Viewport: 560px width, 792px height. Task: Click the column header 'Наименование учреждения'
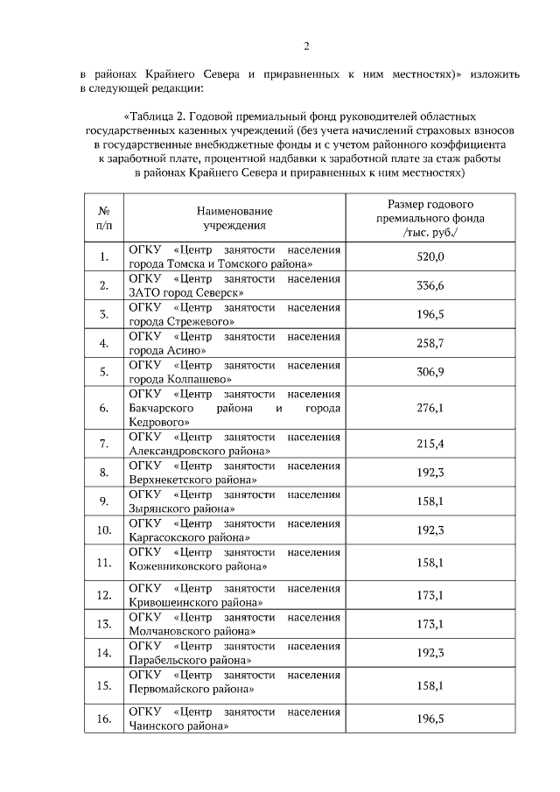pyautogui.click(x=234, y=218)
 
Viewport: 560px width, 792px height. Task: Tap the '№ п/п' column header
pyautogui.click(x=103, y=218)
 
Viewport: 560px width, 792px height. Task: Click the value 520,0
pyautogui.click(x=430, y=256)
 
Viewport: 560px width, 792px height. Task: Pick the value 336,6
pyautogui.click(x=430, y=285)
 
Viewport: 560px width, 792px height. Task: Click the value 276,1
pyautogui.click(x=430, y=408)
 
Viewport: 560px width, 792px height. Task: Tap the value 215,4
pyautogui.click(x=430, y=444)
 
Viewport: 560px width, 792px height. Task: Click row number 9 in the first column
pyautogui.click(x=103, y=501)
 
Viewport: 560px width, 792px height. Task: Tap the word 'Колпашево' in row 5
pyautogui.click(x=199, y=379)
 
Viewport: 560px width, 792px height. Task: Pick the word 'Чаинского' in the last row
pyautogui.click(x=157, y=725)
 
